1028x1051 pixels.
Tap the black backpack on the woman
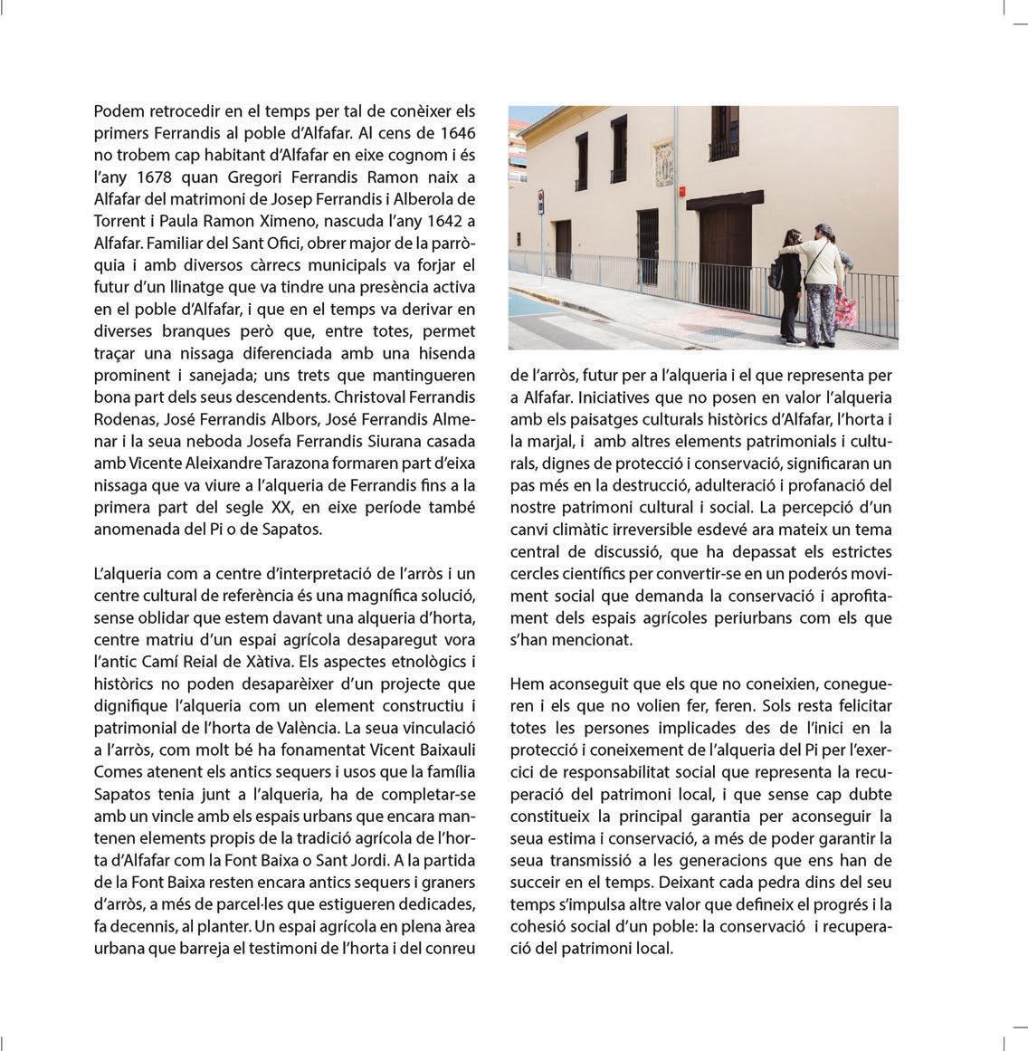[x=777, y=273]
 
